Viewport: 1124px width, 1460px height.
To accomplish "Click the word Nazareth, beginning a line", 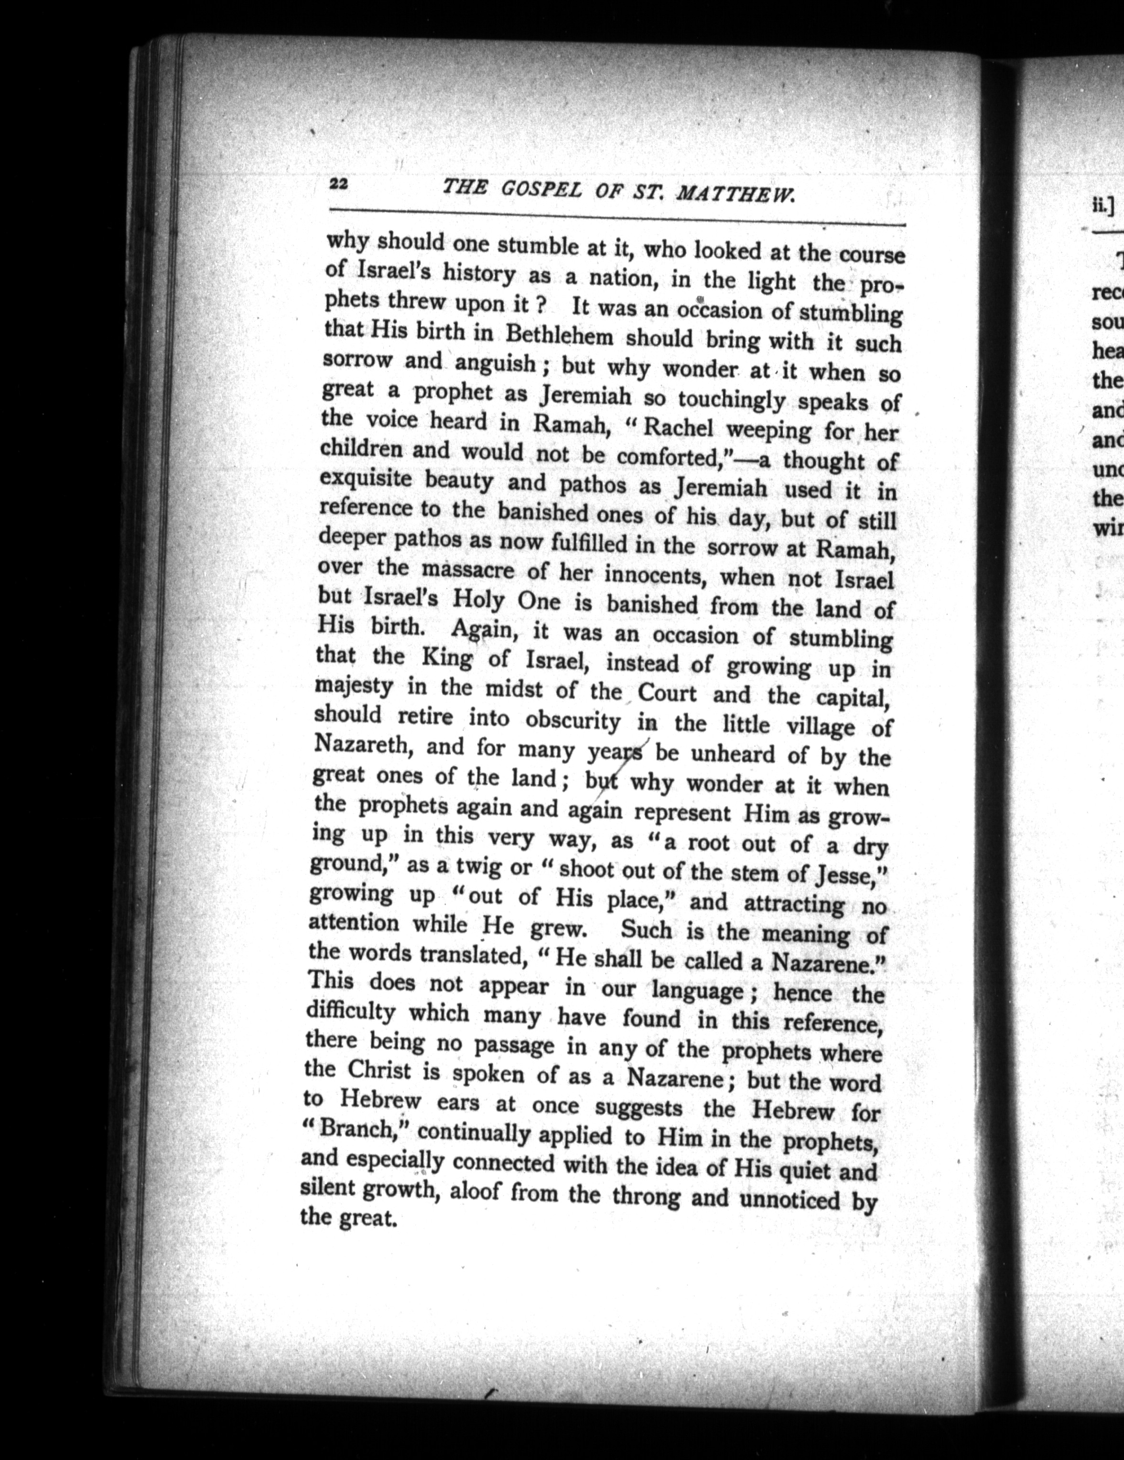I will point(361,744).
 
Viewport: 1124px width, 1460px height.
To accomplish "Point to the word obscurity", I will point(573,720).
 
